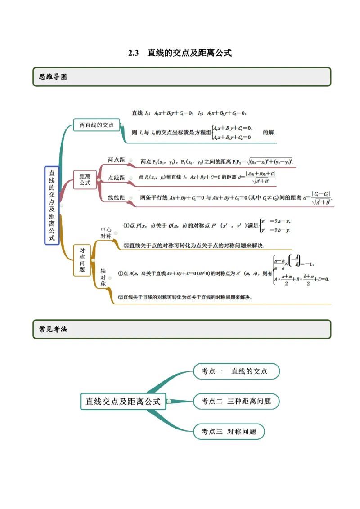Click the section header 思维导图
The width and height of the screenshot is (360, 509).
[53, 77]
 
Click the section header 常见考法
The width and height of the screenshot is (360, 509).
[53, 329]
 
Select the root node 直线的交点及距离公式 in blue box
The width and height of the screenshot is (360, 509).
[52, 205]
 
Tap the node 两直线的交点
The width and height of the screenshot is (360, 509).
[96, 125]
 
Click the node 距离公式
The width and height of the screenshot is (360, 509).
[85, 180]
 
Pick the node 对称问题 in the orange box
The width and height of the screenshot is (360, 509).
[82, 260]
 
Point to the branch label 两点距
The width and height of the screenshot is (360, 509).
[116, 160]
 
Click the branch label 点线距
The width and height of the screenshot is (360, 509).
[116, 178]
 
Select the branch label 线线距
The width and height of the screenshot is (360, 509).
[116, 197]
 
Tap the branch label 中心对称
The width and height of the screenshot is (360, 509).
[106, 233]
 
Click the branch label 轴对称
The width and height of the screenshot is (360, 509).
[103, 277]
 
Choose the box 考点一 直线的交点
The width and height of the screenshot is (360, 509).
[236, 371]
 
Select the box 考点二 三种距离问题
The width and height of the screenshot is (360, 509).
[236, 402]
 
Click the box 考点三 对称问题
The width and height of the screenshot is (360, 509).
[229, 432]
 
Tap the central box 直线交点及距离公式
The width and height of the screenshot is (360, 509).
[123, 402]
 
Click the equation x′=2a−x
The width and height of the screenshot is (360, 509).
[275, 221]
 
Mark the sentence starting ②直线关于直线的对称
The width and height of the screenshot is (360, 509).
[184, 297]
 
